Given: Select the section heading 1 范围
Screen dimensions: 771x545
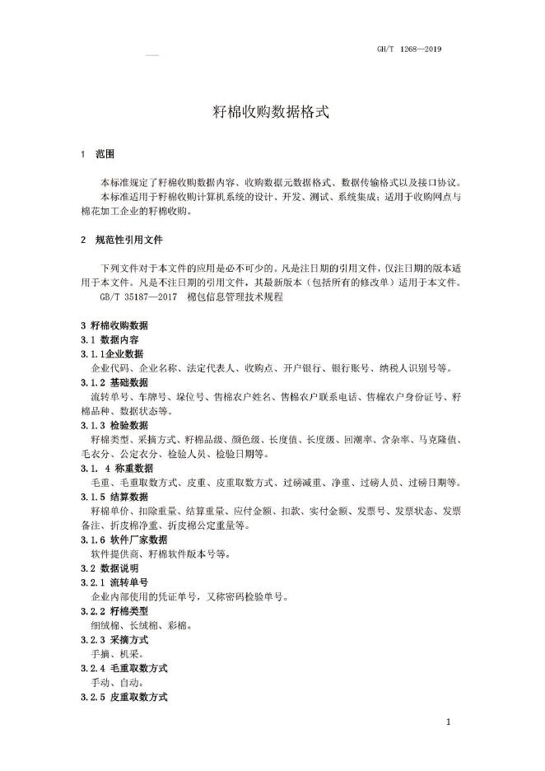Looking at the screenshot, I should point(97,154).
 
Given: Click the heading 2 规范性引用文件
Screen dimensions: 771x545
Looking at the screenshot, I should point(122,241).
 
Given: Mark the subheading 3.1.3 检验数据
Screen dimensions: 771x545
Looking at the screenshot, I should point(114,425).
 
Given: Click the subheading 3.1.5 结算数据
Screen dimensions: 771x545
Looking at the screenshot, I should point(114,497).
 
